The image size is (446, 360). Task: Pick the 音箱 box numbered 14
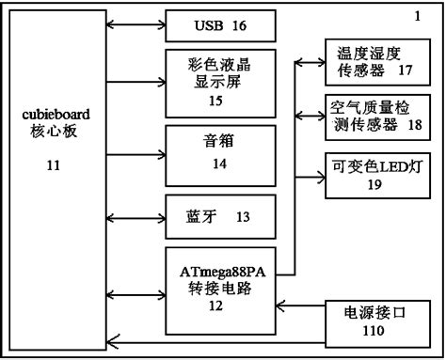pyautogui.click(x=221, y=149)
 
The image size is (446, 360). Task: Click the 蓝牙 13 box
pyautogui.click(x=221, y=216)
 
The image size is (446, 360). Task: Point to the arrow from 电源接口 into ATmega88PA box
pyautogui.click(x=301, y=305)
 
